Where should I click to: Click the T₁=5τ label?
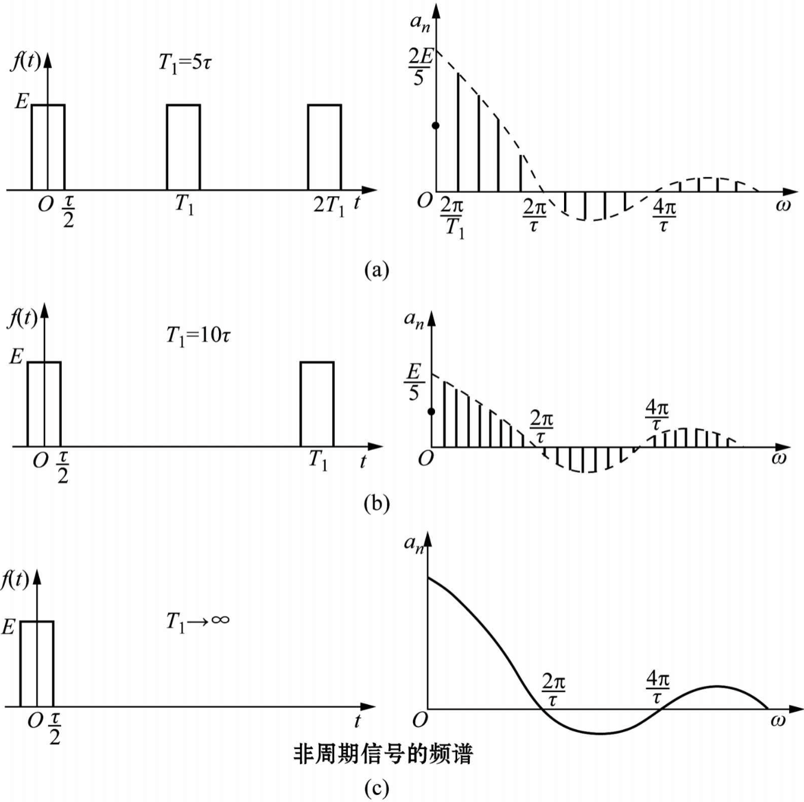(x=185, y=62)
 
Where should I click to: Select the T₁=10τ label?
(x=198, y=335)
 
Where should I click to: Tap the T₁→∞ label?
(x=197, y=621)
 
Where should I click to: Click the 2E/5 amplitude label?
(x=419, y=66)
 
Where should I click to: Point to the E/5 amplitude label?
(x=413, y=382)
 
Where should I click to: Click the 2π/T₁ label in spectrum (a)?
(x=452, y=218)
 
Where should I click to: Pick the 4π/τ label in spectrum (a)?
(x=664, y=216)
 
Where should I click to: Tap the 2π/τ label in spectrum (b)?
(x=541, y=426)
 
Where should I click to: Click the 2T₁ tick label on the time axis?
(x=329, y=206)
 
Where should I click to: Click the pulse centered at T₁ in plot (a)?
(x=183, y=147)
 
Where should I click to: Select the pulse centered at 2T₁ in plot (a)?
(x=325, y=147)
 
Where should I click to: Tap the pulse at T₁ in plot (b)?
(x=317, y=404)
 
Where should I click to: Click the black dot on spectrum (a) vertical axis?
(x=436, y=125)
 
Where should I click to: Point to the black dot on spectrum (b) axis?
(x=431, y=411)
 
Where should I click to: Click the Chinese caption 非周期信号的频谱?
(x=383, y=753)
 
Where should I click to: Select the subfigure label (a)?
(x=376, y=270)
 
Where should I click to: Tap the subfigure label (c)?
(x=376, y=788)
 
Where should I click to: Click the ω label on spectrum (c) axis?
(x=778, y=720)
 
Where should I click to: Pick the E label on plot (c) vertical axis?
(x=8, y=627)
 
